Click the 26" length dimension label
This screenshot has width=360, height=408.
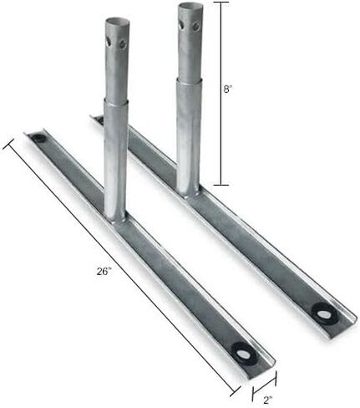pyautogui.click(x=104, y=271)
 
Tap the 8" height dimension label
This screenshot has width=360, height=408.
pyautogui.click(x=228, y=89)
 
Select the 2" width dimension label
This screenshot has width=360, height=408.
pyautogui.click(x=267, y=400)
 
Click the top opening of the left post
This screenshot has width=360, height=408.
pyautogui.click(x=117, y=22)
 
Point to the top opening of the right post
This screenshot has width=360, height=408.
pyautogui.click(x=190, y=6)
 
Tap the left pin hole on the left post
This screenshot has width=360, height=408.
pyautogui.click(x=109, y=42)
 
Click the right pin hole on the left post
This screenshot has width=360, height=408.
pyautogui.click(x=123, y=43)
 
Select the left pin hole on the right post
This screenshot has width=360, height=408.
pyautogui.click(x=181, y=26)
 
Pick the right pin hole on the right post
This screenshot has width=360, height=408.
pyautogui.click(x=196, y=27)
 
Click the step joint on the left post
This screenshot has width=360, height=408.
pyautogui.click(x=116, y=101)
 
